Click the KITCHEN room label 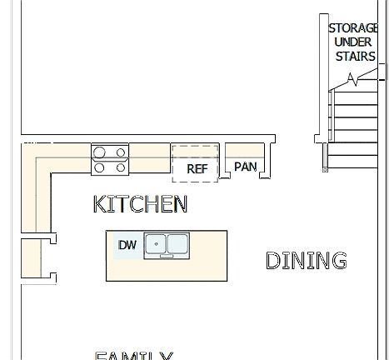(140, 204)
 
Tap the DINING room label (306, 261)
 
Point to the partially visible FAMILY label (134, 356)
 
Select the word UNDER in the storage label (353, 42)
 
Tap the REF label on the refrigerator (197, 168)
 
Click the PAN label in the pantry (245, 167)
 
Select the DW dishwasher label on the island (127, 245)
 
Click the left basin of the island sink (156, 244)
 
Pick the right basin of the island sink (178, 244)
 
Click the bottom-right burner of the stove (121, 167)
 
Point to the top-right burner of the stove (121, 152)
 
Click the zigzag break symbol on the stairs (354, 80)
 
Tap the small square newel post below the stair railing (324, 170)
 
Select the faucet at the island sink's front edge (167, 256)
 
